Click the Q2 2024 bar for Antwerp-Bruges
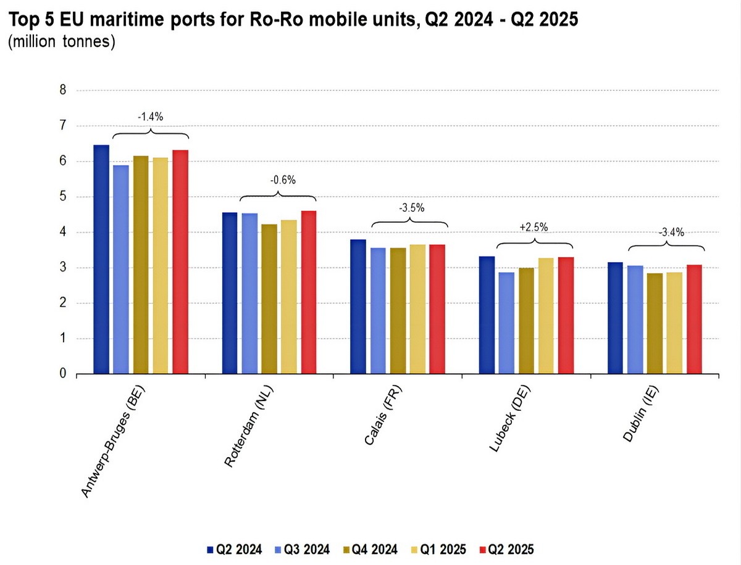coord(101,259)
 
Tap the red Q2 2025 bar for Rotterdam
coord(309,292)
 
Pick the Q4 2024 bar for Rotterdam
coord(269,299)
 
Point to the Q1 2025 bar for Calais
coord(417,309)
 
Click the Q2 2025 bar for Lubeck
coord(566,315)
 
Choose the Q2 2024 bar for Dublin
coord(615,318)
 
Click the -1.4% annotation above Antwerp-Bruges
coord(149,115)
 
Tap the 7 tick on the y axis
coord(62,126)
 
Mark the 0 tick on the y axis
coord(62,374)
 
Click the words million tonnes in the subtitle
coord(62,44)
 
